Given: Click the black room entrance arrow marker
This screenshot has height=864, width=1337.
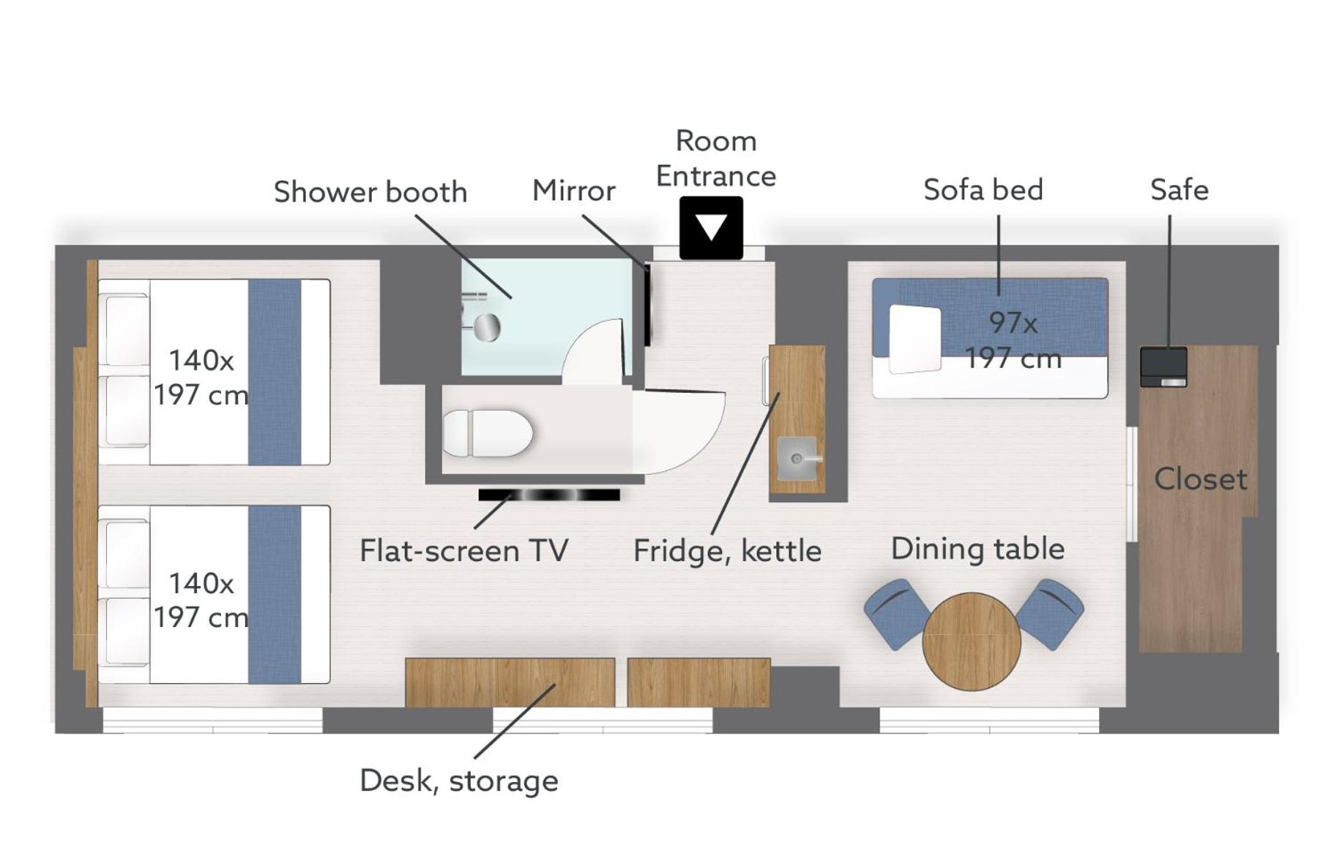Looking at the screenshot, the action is pos(710,228).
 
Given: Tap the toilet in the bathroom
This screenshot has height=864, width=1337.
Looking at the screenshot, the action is pos(487,433).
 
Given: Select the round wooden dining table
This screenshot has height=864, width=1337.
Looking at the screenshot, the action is pos(971,641).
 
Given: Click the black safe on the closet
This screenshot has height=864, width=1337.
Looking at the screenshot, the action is pos(1163,367).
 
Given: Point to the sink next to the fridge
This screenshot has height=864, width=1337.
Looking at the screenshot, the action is pos(797,459).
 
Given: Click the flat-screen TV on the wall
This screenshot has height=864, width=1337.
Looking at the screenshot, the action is pos(549,495).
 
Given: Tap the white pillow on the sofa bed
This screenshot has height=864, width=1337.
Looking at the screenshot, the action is pos(915,339).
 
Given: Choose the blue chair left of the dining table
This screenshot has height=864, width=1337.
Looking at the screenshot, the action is pos(897,614).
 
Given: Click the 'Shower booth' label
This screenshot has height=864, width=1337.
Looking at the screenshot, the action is pos(370,192).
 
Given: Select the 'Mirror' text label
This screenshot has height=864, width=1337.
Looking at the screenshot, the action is pos(573,190).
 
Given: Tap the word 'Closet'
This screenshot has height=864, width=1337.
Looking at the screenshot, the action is pos(1200,479).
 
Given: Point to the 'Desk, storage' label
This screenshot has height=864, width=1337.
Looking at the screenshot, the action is pos(459,781).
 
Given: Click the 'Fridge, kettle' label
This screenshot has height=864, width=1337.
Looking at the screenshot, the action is pos(727,551).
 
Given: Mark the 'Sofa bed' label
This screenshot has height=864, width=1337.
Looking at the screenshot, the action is pos(983,189).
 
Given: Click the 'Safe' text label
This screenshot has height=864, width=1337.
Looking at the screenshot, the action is pos(1179,189).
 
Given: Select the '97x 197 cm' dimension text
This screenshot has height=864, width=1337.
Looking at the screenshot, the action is pos(1013,340).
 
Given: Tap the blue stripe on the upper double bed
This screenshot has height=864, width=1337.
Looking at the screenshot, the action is pos(275,372).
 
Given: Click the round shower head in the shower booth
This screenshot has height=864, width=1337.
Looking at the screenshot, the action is pos(487,327).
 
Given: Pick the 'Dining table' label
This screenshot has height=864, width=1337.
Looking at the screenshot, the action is pos(977,549).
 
